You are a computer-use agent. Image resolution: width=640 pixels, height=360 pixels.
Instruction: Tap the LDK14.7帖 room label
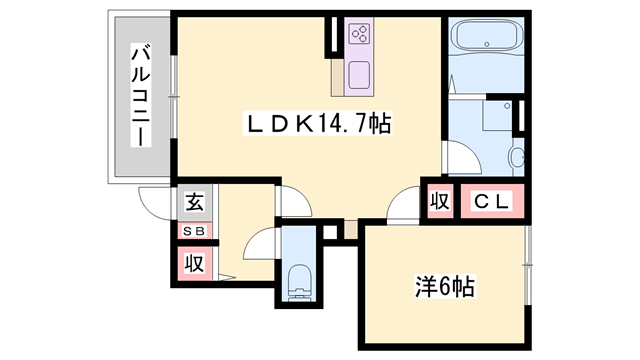319,125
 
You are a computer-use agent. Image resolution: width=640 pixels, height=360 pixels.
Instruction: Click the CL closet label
492,202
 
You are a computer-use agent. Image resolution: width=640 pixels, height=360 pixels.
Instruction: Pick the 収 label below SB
194,263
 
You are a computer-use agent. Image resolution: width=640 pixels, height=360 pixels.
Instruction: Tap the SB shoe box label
194,232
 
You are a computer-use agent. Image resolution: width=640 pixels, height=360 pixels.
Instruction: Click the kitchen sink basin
359,73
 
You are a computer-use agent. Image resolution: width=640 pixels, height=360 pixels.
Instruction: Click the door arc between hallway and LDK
291,200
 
